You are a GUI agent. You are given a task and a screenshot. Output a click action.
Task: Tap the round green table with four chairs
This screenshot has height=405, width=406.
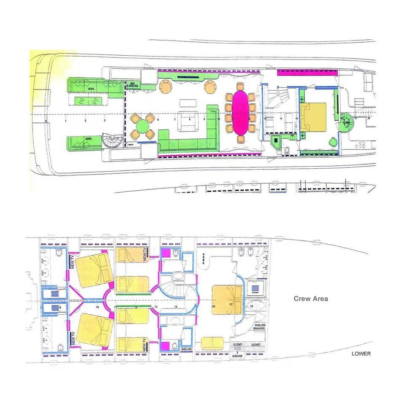(143, 126)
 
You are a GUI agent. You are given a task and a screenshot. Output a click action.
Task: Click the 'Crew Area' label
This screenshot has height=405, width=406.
(311, 299)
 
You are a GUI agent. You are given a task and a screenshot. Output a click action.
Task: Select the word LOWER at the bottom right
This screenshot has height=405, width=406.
(361, 354)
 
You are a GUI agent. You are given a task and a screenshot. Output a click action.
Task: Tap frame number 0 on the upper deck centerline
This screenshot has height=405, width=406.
(46, 121)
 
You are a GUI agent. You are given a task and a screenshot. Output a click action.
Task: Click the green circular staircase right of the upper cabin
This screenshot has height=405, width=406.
(346, 122)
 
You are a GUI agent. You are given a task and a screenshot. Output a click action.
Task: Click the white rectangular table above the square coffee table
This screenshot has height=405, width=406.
(188, 103)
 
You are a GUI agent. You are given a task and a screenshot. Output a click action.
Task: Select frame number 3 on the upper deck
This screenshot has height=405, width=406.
(105, 121)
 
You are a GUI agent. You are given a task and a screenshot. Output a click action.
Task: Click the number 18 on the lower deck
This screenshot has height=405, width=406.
(251, 306)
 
